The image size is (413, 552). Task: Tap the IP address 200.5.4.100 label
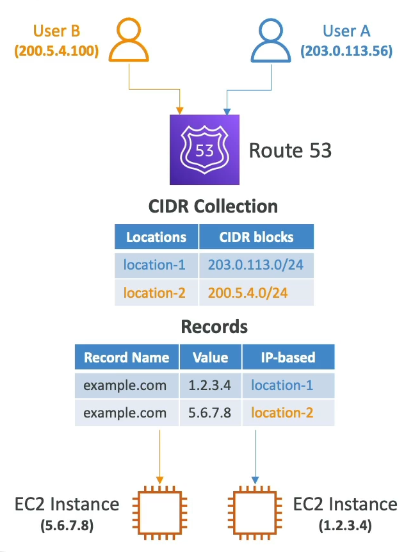point(56,52)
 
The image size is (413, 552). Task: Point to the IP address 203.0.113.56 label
point(346,52)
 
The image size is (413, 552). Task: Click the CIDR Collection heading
point(214,206)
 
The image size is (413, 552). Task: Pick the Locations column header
point(156,237)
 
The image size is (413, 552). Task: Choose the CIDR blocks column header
point(255,237)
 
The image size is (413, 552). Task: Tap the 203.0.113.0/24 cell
point(255,265)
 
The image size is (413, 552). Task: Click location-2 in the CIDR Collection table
point(156,293)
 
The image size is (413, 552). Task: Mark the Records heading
point(214,326)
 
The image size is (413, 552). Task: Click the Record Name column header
point(127,357)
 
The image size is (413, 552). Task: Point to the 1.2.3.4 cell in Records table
point(210,386)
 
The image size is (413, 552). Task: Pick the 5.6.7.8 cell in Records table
point(210,413)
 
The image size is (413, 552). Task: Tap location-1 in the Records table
point(282,386)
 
